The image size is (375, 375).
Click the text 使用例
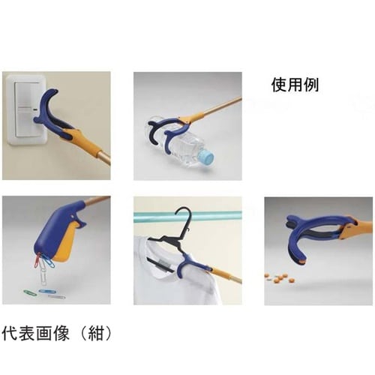pyautogui.click(x=294, y=85)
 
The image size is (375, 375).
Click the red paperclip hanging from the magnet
pyautogui.click(x=37, y=259)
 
